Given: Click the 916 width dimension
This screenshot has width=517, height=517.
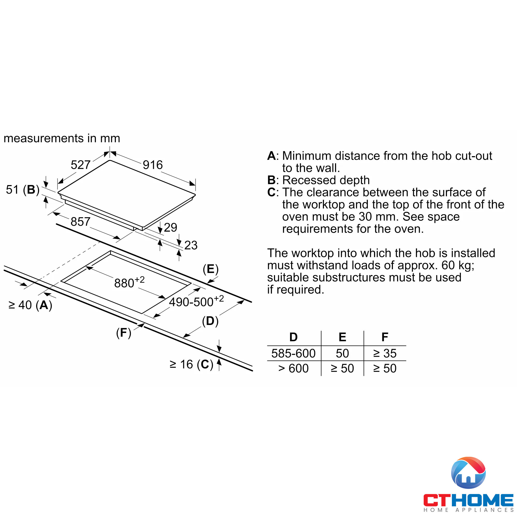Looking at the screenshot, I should click(x=153, y=165).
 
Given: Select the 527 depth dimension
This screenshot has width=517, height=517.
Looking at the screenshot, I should click(x=80, y=165).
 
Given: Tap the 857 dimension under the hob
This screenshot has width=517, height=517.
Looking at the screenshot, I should click(x=80, y=222).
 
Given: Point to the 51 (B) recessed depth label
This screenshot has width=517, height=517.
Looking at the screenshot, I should click(x=23, y=190).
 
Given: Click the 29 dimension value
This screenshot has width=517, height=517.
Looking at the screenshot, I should click(x=170, y=227).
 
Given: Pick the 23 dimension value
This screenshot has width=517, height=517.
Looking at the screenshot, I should click(x=191, y=245).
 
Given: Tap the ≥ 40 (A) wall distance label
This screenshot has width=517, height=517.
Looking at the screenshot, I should click(x=30, y=305).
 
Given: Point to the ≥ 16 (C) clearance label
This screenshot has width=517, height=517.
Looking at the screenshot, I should click(x=191, y=364).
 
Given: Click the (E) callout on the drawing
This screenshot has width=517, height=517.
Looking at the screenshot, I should click(x=211, y=269).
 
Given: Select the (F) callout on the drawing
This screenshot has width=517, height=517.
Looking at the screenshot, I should click(x=123, y=333).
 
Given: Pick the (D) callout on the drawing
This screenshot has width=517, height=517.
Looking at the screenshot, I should click(x=210, y=321).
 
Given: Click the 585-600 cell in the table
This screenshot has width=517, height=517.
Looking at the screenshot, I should click(x=293, y=353).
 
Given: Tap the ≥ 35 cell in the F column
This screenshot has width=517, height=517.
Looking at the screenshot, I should click(x=385, y=353).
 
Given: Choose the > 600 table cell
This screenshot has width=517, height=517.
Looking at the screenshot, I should click(x=293, y=368).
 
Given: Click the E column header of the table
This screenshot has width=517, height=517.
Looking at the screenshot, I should click(x=342, y=337).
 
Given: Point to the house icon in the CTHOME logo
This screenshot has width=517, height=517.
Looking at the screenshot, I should click(x=468, y=473).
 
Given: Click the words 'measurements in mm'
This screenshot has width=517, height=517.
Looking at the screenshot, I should click(x=62, y=138).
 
